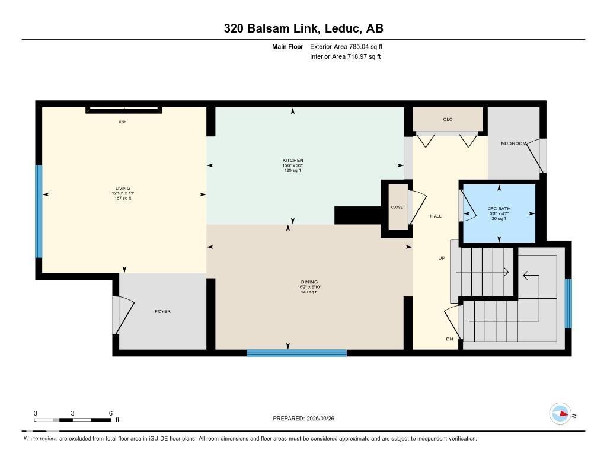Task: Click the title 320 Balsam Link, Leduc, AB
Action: point(303,28)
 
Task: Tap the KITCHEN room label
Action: point(293,161)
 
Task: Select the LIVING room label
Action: point(123,189)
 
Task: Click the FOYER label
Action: point(162,311)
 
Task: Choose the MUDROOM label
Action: point(513,143)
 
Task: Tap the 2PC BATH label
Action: point(499,209)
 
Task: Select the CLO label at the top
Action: point(448,120)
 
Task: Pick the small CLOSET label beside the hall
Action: point(397,208)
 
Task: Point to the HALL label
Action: point(436,216)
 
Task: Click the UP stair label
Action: point(442,259)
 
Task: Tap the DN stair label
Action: point(449,339)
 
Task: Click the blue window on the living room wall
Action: point(39,211)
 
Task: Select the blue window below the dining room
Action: point(296,353)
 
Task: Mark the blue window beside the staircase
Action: point(568,304)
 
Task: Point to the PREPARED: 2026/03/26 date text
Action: point(308,419)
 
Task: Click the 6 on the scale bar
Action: point(110,413)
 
